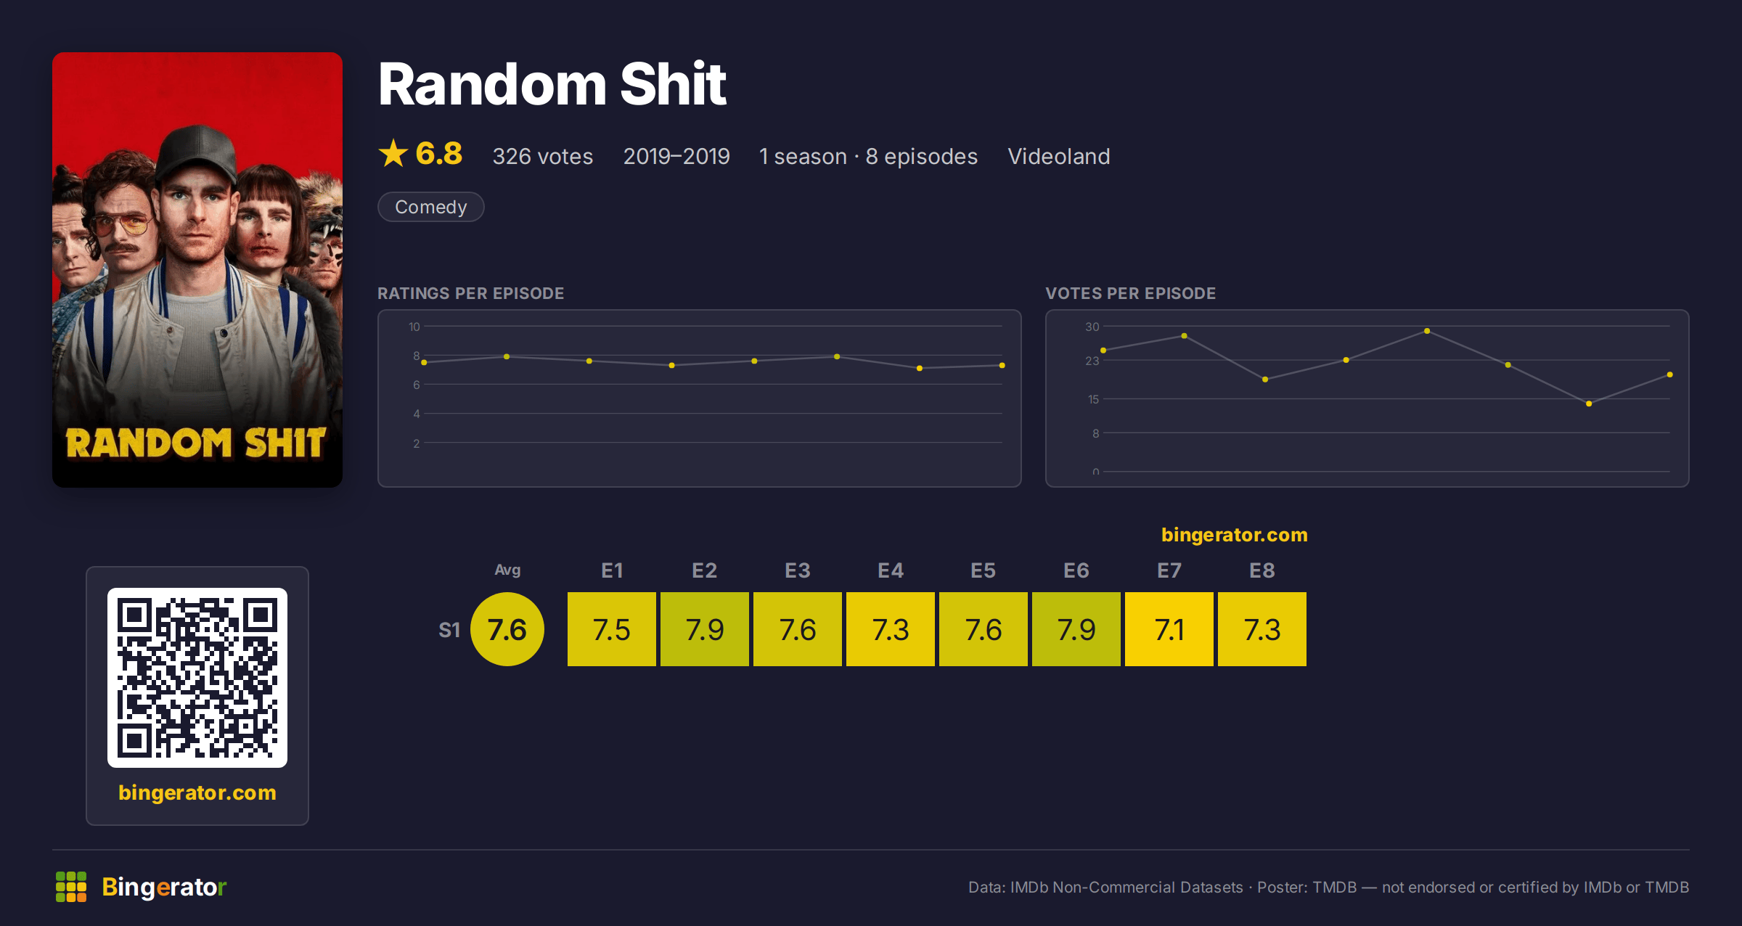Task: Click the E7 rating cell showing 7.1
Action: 1169,629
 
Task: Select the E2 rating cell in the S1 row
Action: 704,629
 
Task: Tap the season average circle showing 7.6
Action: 507,629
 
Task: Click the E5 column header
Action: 983,570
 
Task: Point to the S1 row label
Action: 449,630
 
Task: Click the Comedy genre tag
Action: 430,207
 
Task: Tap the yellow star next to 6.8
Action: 393,153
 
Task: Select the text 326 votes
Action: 543,156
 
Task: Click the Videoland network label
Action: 1059,156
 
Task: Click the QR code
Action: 197,678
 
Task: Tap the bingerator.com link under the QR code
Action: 197,792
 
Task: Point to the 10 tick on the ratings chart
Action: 414,327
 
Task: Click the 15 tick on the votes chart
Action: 1093,399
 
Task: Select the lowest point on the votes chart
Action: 1589,403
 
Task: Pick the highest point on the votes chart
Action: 1427,331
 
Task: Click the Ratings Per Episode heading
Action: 470,293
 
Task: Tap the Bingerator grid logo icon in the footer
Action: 71,887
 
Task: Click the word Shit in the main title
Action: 673,84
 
